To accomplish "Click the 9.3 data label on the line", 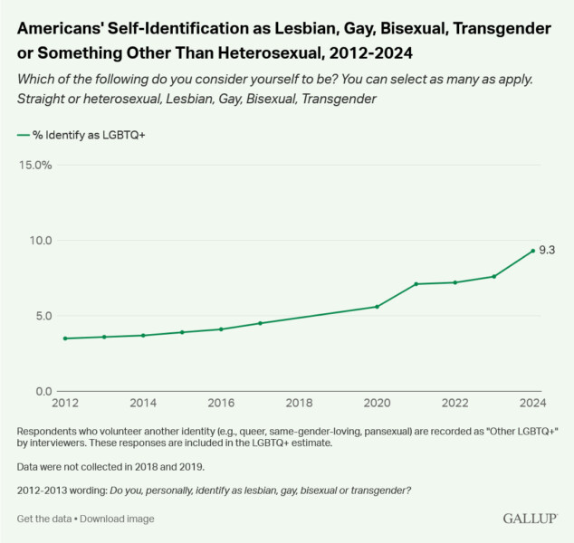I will (546, 250).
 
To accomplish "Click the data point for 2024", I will (532, 251).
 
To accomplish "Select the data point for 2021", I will (416, 284).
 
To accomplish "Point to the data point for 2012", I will (65, 338).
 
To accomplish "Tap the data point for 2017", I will (260, 323).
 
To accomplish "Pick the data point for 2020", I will (377, 307).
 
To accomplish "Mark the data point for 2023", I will (493, 276).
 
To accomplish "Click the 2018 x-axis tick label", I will (299, 403).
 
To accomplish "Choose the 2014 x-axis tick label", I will (143, 403).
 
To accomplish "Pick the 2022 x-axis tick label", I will (454, 403).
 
